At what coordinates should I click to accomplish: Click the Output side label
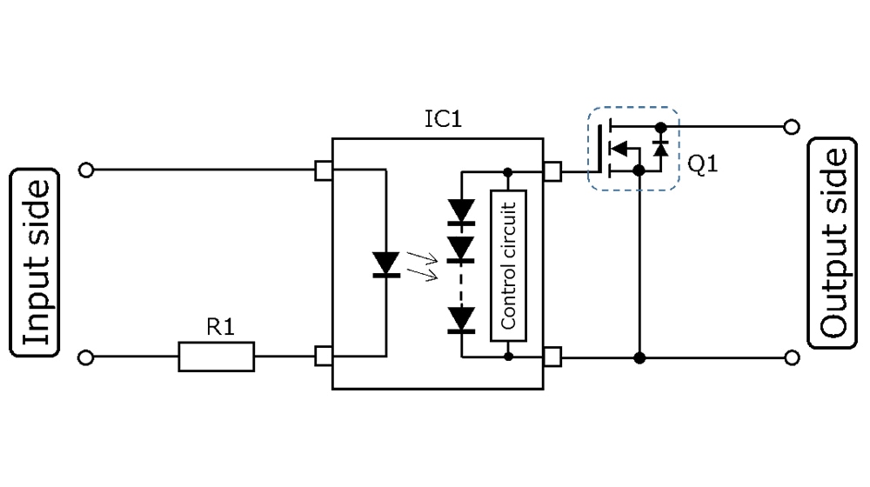(833, 243)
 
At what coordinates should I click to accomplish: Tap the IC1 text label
(443, 119)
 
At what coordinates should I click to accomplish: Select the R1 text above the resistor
(219, 327)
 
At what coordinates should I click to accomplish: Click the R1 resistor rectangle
(217, 357)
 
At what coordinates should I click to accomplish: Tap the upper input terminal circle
(85, 170)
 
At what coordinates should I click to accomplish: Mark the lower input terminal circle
(85, 357)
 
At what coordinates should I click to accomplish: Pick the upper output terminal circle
(791, 127)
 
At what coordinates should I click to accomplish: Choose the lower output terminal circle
(791, 357)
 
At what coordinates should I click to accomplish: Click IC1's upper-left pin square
(324, 170)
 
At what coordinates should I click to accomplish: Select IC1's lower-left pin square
(324, 357)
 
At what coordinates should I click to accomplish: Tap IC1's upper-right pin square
(552, 170)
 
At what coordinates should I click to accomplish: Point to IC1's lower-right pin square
(552, 357)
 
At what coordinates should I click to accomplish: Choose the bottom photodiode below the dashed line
(461, 319)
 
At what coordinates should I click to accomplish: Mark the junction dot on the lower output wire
(639, 357)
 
